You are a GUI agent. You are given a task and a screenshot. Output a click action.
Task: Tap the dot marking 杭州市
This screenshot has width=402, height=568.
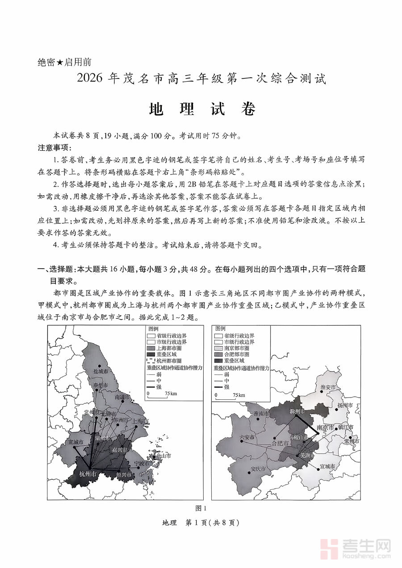click(x=89, y=468)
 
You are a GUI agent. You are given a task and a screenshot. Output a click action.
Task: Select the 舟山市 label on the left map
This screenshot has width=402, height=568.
click(x=162, y=456)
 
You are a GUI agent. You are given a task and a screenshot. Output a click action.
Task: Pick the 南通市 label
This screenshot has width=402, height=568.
click(x=122, y=397)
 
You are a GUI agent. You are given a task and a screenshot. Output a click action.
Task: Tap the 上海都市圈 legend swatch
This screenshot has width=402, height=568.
click(x=150, y=348)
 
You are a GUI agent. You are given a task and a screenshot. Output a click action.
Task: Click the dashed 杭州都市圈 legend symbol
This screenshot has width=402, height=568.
click(x=150, y=360)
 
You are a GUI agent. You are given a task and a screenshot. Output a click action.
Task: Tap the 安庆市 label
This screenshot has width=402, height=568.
click(x=258, y=469)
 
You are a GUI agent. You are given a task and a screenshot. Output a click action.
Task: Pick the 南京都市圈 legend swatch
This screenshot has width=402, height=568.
click(x=218, y=348)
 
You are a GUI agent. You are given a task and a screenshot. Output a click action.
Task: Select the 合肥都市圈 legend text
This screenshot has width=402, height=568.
click(x=237, y=354)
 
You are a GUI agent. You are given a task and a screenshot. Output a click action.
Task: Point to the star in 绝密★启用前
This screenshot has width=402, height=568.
click(x=59, y=63)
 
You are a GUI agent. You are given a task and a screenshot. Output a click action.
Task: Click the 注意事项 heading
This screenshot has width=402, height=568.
click(x=54, y=148)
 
